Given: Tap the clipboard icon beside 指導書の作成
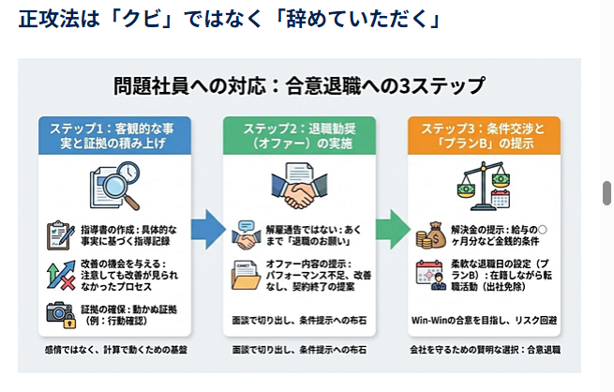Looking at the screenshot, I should click(x=59, y=234).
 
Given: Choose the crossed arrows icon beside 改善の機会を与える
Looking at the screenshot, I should click(x=59, y=275).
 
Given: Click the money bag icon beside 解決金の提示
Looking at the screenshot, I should click(x=433, y=234).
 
